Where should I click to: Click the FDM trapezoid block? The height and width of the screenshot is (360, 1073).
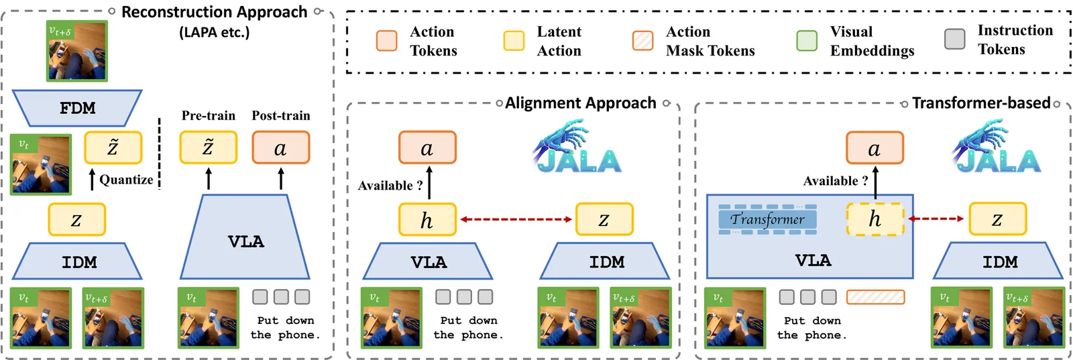77,108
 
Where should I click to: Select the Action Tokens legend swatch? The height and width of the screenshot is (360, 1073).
386,41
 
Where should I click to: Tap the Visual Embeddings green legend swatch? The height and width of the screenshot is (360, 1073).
806,41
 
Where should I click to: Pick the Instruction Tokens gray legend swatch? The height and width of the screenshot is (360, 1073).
954,39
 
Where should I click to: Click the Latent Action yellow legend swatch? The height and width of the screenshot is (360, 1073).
514,41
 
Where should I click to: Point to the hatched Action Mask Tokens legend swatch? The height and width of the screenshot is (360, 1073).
642,41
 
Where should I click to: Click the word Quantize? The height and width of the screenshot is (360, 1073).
126,180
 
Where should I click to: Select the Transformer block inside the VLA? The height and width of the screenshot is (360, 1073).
767,219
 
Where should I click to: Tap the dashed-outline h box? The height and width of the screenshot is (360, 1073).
874,219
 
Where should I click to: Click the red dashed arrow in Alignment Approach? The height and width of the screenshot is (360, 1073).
515,219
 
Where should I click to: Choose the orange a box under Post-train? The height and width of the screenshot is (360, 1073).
280,147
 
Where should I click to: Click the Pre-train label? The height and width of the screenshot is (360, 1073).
208,115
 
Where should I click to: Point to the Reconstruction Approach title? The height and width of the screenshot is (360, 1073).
214,12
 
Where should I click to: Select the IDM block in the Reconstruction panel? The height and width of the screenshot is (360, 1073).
78,261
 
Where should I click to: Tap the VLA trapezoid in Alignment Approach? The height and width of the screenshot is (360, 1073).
428,261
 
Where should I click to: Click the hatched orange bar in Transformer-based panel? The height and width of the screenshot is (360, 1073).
875,297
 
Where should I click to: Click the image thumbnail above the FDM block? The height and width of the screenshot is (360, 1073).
76,51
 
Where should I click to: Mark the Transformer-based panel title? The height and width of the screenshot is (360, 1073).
980,103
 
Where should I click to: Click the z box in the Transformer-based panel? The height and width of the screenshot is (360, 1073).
997,219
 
